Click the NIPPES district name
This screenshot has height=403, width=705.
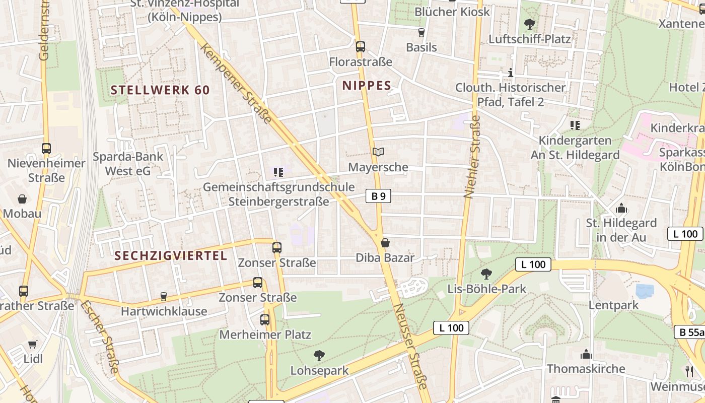click(367, 86)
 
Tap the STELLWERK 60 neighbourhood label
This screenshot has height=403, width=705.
click(160, 90)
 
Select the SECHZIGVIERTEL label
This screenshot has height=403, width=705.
click(171, 256)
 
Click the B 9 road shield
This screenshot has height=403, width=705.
click(378, 196)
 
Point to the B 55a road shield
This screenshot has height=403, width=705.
click(689, 332)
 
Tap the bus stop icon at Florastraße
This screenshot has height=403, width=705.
click(360, 47)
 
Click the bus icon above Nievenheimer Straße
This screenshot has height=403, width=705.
click(46, 149)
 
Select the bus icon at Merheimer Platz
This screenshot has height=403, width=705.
click(265, 319)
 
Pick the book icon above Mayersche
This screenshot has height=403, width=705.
click(378, 152)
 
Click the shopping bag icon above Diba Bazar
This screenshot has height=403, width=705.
click(385, 243)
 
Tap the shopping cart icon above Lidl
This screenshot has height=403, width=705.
click(33, 344)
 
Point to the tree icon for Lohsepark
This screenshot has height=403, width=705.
click(319, 356)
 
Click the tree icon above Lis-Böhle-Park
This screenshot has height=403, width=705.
click(486, 274)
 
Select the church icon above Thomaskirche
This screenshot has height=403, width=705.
click(585, 354)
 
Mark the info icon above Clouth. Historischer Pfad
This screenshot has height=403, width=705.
click(511, 73)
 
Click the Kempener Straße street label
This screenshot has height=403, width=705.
click(236, 83)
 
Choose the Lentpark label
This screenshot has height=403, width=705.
click(613, 305)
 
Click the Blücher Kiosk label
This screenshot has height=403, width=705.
click(452, 12)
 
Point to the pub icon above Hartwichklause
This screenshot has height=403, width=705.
click(163, 296)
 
